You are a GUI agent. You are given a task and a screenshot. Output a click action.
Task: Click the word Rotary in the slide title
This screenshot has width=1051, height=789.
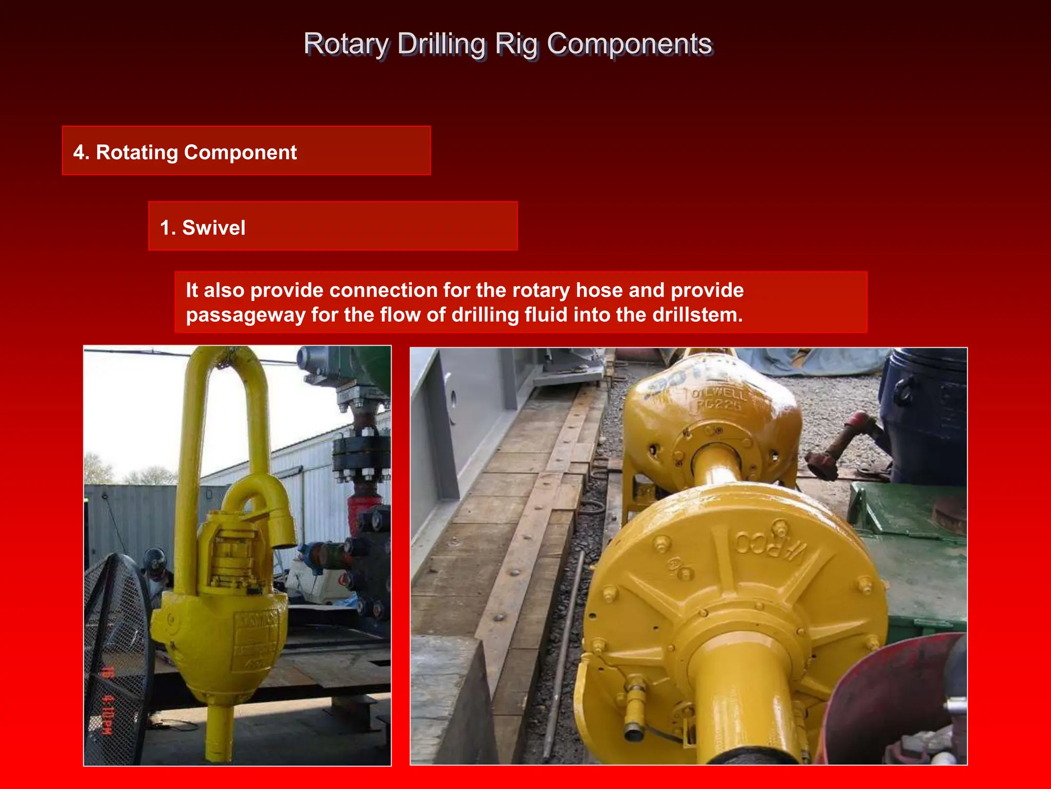tap(346, 44)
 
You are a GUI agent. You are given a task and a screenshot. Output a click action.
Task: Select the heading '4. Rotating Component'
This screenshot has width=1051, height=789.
tap(185, 153)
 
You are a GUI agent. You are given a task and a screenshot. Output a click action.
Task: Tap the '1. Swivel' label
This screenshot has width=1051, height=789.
tap(203, 228)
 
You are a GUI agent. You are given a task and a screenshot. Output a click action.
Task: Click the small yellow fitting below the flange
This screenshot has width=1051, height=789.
tap(635, 706)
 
